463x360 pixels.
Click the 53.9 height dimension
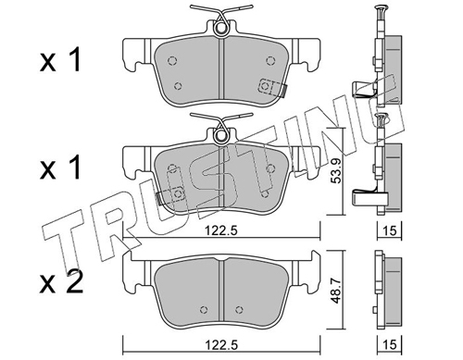336,171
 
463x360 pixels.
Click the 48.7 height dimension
336,291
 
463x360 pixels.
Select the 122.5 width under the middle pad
221,230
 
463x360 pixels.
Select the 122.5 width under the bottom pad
221,345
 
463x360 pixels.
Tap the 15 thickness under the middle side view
390,230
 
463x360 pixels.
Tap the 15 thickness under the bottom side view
390,345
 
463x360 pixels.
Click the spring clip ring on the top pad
220,28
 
